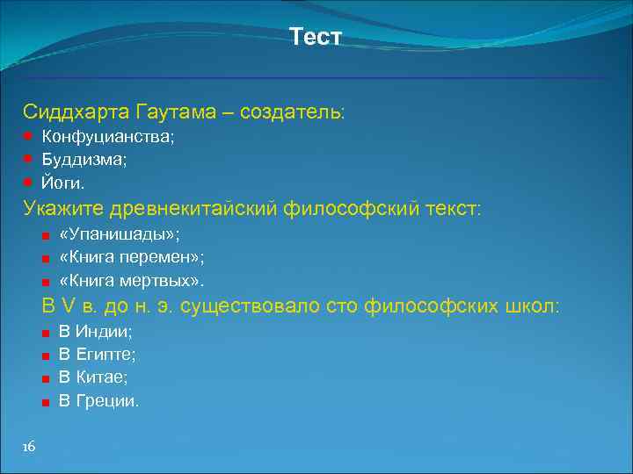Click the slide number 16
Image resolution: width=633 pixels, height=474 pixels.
point(29,448)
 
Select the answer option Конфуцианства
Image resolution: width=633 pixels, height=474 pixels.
point(108,137)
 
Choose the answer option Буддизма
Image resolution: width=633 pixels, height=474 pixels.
point(84,160)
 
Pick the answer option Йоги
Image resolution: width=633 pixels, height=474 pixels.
point(63,183)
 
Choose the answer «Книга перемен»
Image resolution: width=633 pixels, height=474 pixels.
point(131,258)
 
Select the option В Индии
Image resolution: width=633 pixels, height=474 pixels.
point(95,332)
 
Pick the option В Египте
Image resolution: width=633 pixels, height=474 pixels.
point(97,355)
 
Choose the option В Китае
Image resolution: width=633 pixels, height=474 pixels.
point(92,377)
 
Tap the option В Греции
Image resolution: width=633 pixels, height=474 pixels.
point(98,400)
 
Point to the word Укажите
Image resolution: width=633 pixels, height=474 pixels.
point(62,208)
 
